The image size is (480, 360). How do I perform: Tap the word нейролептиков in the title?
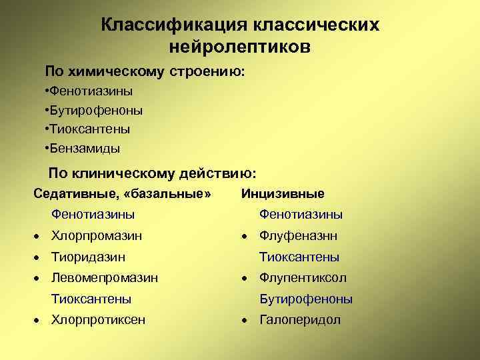click(x=239, y=47)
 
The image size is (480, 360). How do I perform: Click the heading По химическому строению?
click(x=145, y=70)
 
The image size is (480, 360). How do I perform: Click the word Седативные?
click(x=71, y=194)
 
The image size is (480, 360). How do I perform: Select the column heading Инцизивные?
click(x=283, y=194)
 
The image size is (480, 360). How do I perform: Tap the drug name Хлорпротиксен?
click(x=98, y=320)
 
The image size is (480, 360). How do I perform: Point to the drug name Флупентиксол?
click(x=303, y=278)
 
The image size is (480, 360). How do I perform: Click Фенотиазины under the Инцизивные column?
click(x=301, y=215)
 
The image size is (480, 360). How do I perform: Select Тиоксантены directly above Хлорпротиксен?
click(x=91, y=299)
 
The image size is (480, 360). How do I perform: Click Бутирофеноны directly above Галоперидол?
click(x=306, y=299)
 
